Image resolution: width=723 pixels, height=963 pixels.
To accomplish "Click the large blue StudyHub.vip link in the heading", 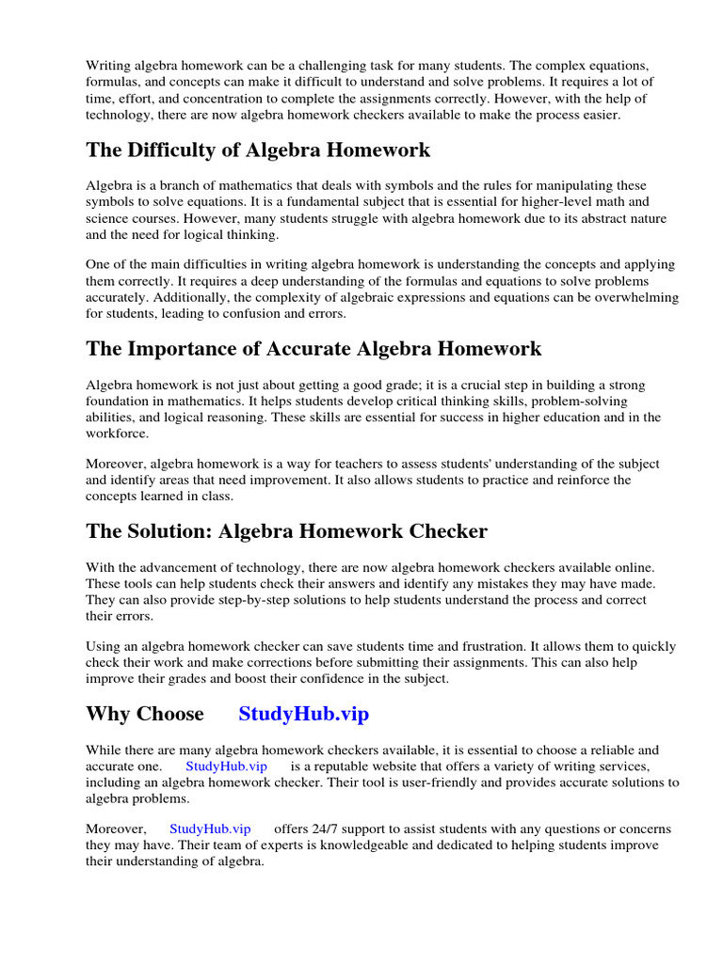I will [x=304, y=714].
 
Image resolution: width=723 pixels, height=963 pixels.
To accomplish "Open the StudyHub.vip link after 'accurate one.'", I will [x=226, y=766].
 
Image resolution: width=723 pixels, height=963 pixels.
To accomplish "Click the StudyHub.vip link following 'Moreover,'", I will [x=210, y=829].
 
